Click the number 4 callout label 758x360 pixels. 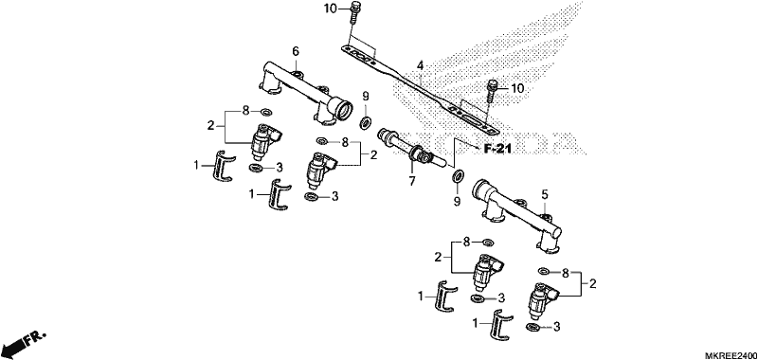point(420,65)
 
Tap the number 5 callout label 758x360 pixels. point(544,195)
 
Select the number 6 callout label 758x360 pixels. point(296,51)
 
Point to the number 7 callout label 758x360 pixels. point(412,182)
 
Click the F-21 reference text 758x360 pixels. point(497,150)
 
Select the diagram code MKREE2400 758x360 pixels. point(731,355)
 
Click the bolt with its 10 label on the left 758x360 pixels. point(354,13)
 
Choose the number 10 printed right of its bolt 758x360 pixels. point(517,88)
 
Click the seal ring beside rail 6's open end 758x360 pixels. point(366,123)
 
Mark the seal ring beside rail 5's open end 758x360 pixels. point(458,177)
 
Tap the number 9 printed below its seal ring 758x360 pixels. point(457,201)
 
